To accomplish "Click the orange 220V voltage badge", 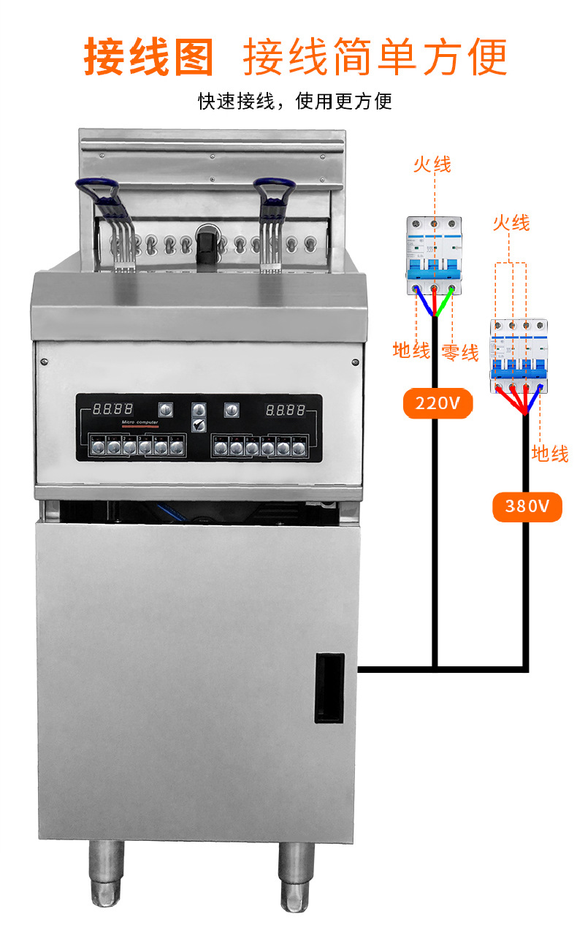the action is click(437, 403).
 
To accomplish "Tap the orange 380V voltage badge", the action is click(527, 506).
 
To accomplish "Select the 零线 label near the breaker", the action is click(459, 353).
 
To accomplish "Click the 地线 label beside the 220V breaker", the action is click(411, 351).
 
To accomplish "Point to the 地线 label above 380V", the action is click(550, 454).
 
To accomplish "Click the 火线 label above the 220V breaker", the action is click(432, 164).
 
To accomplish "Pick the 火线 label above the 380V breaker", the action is click(511, 222).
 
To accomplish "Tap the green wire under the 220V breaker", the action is click(446, 300).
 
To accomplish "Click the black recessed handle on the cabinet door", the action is click(329, 687).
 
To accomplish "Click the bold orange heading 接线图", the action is click(149, 57).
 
